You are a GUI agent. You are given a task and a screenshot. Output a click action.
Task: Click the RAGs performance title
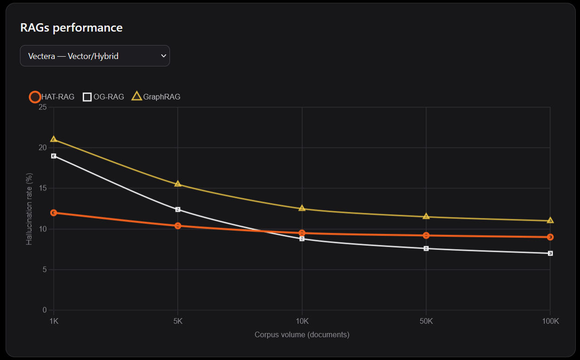click(72, 28)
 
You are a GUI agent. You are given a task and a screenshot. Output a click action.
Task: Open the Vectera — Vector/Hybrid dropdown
click(95, 56)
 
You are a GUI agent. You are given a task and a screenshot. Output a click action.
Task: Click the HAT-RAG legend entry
click(52, 97)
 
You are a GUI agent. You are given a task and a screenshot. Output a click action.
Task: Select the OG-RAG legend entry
click(103, 97)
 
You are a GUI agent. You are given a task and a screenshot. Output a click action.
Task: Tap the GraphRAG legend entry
click(156, 97)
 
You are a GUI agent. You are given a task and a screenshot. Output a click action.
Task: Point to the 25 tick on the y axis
click(43, 107)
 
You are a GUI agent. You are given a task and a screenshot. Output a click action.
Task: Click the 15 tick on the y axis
click(43, 188)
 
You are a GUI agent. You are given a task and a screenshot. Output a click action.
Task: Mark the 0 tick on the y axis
click(45, 310)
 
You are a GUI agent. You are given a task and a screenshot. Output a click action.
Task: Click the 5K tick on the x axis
click(178, 321)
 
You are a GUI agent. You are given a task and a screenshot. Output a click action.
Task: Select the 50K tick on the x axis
click(426, 321)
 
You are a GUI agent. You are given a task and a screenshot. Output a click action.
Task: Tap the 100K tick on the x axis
click(550, 321)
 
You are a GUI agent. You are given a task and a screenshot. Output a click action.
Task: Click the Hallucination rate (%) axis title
click(29, 209)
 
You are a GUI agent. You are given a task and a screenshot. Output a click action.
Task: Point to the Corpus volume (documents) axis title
click(302, 334)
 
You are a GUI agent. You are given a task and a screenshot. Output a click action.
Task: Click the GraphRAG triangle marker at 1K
click(53, 139)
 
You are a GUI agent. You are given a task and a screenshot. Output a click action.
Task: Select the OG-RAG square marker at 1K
click(53, 156)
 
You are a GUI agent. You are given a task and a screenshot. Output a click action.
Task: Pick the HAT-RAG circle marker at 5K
click(178, 226)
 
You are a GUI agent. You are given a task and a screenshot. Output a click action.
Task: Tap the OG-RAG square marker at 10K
click(302, 239)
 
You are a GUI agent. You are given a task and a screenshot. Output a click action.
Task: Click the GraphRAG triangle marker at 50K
click(426, 216)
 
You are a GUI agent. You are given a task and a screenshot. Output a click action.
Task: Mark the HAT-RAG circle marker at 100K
click(550, 237)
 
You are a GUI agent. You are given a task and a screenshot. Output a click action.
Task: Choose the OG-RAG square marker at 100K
click(550, 253)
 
